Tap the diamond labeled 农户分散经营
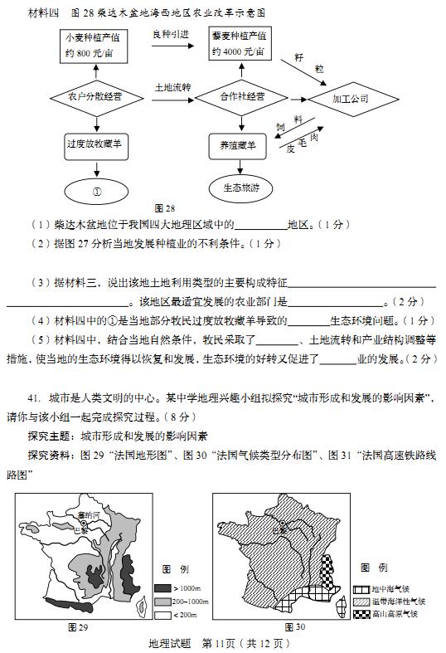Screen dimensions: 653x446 pos(96,97)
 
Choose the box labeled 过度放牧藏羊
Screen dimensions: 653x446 pos(96,144)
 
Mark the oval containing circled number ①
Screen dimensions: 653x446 pos(96,189)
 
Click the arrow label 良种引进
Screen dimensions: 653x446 pos(171,34)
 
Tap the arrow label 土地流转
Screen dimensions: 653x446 pos(172,85)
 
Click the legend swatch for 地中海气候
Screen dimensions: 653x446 pos(363,588)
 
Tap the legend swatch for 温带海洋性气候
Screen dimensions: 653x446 pos(363,601)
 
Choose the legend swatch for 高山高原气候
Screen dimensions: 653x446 pos(363,614)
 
